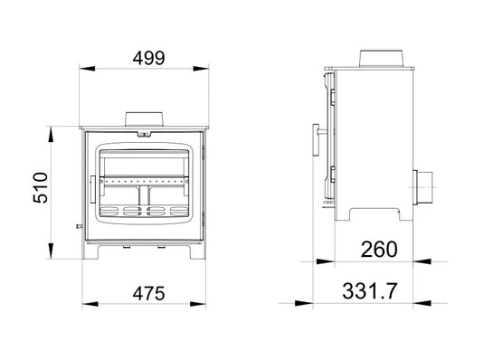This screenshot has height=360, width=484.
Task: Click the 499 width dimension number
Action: pyautogui.click(x=148, y=57)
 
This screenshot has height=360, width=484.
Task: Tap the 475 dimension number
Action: pyautogui.click(x=147, y=294)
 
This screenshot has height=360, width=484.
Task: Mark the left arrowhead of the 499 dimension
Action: pyautogui.click(x=82, y=70)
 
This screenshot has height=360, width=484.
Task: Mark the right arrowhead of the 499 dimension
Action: pyautogui.click(x=214, y=70)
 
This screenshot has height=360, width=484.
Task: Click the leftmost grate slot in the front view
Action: pyautogui.click(x=108, y=211)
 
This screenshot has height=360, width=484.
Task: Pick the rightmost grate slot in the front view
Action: pyautogui.click(x=175, y=211)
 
